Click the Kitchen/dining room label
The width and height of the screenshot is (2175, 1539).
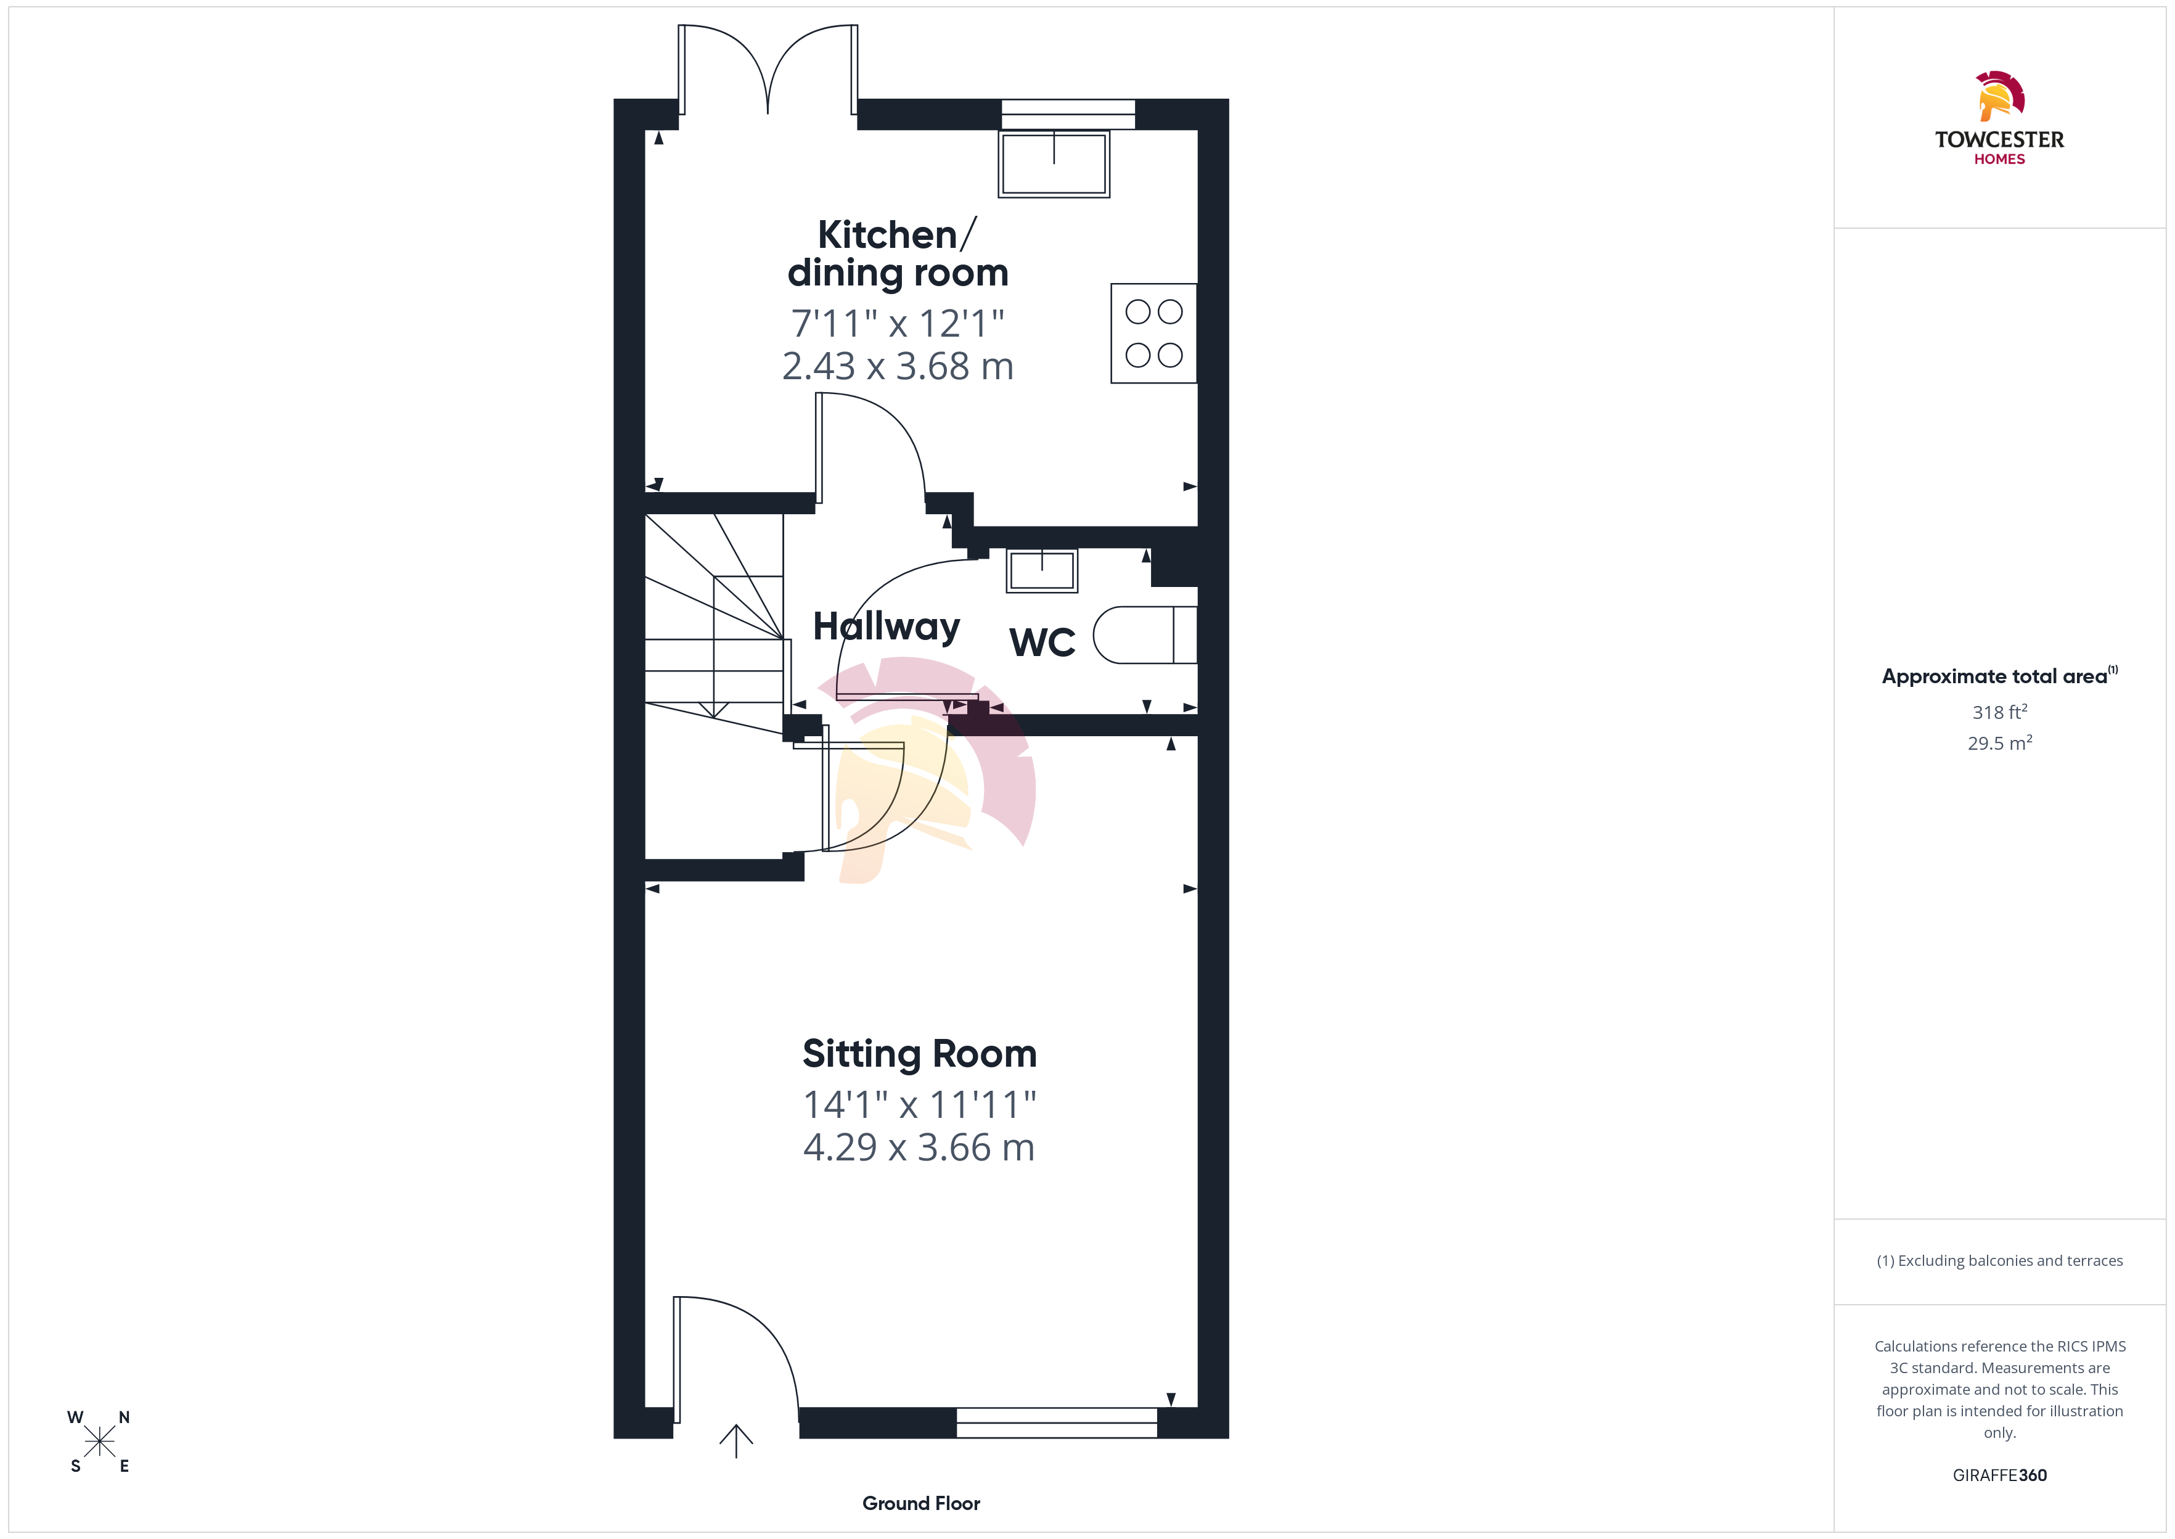pyautogui.click(x=897, y=253)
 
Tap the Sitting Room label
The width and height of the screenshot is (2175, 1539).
pyautogui.click(x=919, y=1054)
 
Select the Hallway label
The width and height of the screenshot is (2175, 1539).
pyautogui.click(x=887, y=626)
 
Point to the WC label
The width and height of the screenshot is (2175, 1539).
pyautogui.click(x=1042, y=642)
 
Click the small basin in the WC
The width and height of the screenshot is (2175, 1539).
pyautogui.click(x=1042, y=570)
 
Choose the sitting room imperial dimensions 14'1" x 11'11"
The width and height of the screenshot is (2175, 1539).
pyautogui.click(x=919, y=1104)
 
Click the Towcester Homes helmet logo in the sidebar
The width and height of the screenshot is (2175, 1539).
pyautogui.click(x=2000, y=96)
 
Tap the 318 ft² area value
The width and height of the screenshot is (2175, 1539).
pyautogui.click(x=2000, y=712)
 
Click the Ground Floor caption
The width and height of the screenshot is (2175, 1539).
pyautogui.click(x=921, y=1503)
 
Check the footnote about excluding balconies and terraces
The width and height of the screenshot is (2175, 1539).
pyautogui.click(x=2000, y=1260)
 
